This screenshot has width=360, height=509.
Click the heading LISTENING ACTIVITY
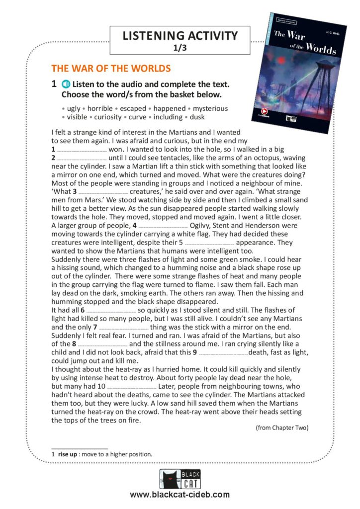pos(180,36)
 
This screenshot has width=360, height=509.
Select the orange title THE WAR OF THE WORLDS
pos(111,69)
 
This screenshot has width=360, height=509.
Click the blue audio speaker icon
pos(67,85)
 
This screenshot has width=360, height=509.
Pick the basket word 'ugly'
pos(74,108)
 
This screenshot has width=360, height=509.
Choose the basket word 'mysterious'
pos(210,108)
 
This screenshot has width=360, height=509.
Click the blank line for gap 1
pos(82,149)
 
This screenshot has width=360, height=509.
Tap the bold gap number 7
pos(95,327)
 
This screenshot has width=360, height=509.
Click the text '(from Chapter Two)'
pos(281,427)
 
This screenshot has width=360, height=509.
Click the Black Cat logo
pos(180,479)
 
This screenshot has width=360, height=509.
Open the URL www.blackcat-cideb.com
pos(180,495)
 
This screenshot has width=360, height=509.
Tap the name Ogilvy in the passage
pos(203,225)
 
